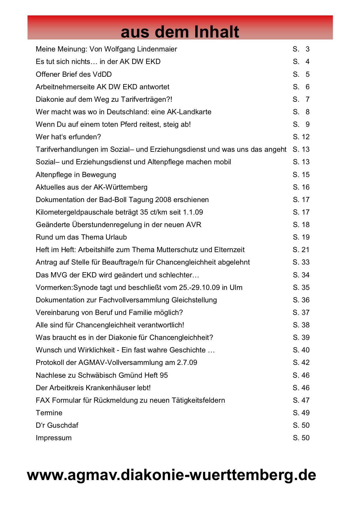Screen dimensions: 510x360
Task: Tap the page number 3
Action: tap(307, 49)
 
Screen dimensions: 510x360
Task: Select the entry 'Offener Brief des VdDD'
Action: tap(74, 74)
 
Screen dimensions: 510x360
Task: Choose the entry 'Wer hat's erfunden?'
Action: tap(68, 137)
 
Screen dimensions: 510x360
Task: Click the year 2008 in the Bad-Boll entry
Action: tap(163, 200)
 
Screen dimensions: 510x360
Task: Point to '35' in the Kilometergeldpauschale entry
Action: tap(144, 212)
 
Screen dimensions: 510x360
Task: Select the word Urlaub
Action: tap(116, 237)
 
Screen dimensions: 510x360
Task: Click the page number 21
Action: tap(305, 250)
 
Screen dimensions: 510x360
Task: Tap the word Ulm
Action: tap(236, 288)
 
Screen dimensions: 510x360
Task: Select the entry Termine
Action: tap(49, 413)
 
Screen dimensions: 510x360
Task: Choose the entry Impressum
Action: tap(53, 438)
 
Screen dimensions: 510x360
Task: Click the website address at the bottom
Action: tap(171, 475)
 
